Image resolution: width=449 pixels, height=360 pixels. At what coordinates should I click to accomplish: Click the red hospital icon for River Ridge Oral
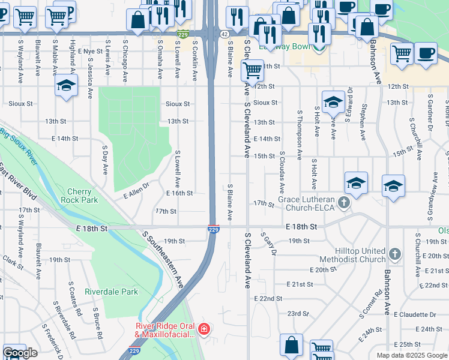(204, 329)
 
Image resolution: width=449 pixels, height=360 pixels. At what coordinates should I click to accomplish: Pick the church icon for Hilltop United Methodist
(394, 254)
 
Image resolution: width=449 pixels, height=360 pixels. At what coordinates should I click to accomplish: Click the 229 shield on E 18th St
(213, 229)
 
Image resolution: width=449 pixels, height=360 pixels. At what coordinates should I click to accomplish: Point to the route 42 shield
(223, 35)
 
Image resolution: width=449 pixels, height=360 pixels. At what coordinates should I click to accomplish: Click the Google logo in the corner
(20, 353)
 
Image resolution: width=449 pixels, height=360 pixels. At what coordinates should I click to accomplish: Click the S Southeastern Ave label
(161, 259)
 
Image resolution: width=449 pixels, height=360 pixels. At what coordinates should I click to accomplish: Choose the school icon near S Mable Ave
(66, 85)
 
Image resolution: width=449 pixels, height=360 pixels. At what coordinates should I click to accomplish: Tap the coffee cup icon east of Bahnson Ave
(426, 52)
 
